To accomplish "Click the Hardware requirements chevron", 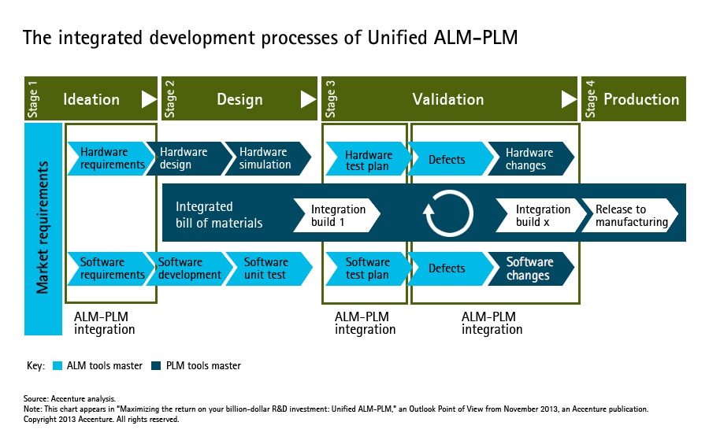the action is point(110,159).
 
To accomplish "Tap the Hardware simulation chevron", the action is point(268,159).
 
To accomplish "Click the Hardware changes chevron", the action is point(531,159).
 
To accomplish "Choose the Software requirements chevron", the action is point(110,269).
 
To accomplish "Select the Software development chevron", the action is point(189,269).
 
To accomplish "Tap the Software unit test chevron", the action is point(269,269).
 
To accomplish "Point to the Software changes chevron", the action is point(531,269).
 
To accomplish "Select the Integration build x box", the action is point(540,216).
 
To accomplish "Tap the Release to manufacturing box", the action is point(629,216).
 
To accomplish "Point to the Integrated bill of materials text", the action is point(219,215).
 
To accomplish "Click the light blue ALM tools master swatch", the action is point(58,365).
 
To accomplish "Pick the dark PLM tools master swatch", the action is point(156,365).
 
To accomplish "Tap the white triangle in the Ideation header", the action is point(149,99).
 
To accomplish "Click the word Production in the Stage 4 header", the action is point(641,99).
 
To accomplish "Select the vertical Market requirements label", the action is point(43,228).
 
